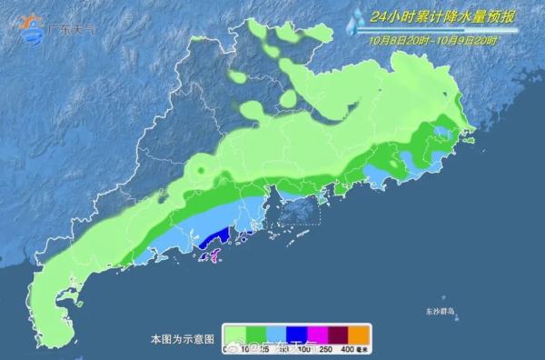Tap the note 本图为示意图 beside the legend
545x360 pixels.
click(182, 339)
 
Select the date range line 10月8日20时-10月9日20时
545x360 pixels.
click(433, 39)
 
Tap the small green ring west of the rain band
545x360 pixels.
click(199, 168)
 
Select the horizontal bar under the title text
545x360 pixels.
click(433, 29)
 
